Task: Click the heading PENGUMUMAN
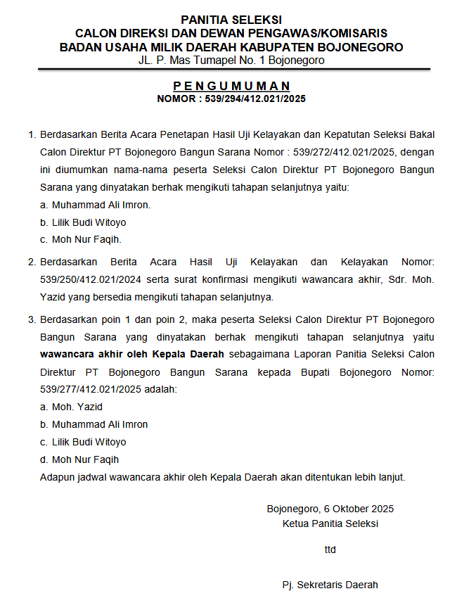point(231,87)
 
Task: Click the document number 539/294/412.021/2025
point(256,99)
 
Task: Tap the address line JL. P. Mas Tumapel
point(231,61)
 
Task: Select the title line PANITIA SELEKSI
point(231,20)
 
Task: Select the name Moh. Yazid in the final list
point(77,407)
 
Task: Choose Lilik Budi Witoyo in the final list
point(89,442)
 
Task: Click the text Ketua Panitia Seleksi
point(330,523)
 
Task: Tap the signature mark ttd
point(330,550)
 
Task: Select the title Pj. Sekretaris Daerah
point(330,585)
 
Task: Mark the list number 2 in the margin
point(31,262)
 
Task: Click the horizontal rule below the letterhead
point(231,69)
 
